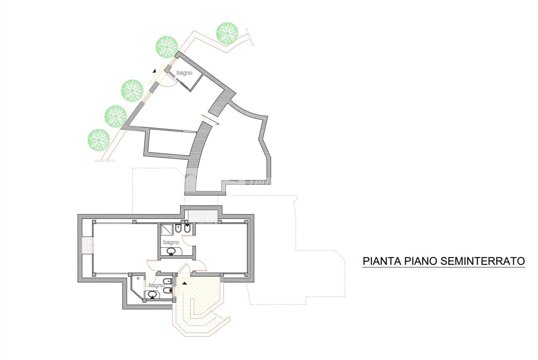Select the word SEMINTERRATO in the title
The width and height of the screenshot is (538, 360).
click(x=483, y=261)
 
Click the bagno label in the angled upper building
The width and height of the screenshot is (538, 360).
click(x=184, y=73)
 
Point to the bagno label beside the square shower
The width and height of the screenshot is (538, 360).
click(x=171, y=242)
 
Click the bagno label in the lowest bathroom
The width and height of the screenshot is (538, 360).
click(x=157, y=285)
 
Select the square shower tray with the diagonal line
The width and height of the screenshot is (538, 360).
click(x=166, y=229)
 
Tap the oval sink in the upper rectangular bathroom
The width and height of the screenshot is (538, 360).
click(x=171, y=251)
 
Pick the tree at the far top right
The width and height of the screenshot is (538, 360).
click(x=227, y=33)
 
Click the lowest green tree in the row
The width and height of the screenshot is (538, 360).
click(x=99, y=140)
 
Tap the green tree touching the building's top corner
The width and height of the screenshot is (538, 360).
click(x=167, y=47)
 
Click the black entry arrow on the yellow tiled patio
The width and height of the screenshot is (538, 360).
click(x=184, y=283)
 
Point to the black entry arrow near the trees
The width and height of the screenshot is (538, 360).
click(x=154, y=71)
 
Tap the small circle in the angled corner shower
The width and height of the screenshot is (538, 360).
click(x=138, y=278)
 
